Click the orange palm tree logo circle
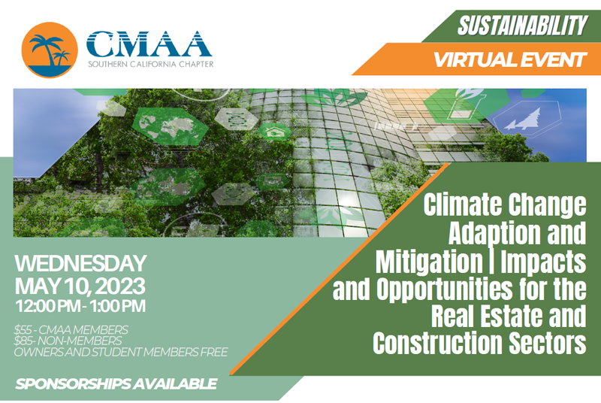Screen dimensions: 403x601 pyautogui.click(x=50, y=49)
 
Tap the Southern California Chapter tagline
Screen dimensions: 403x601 pyautogui.click(x=149, y=64)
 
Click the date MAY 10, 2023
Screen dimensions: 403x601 pyautogui.click(x=80, y=286)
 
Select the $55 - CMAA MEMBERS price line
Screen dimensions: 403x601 pyautogui.click(x=71, y=329)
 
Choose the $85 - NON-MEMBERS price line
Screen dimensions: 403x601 pyautogui.click(x=65, y=341)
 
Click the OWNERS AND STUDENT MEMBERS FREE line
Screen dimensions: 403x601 pyautogui.click(x=121, y=352)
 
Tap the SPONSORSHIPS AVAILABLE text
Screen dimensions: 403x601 pyautogui.click(x=116, y=384)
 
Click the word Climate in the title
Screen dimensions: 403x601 pyautogui.click(x=461, y=204)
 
